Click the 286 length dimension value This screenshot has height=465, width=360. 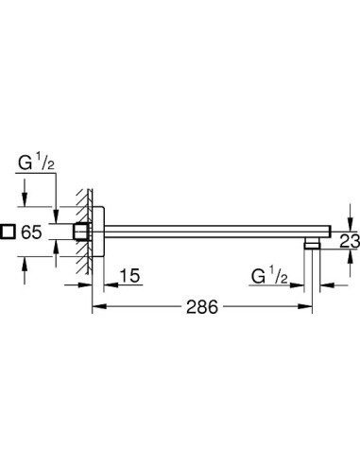tap(202, 306)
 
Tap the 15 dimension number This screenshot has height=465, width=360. tap(129, 276)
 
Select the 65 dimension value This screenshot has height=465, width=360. tap(31, 232)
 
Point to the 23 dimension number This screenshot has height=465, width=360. tap(350, 242)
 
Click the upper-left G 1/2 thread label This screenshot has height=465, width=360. tap(36, 164)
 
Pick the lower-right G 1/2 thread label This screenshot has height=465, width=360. tap(269, 277)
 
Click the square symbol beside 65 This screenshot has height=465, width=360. tap(8, 232)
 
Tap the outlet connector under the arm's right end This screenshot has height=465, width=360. tap(312, 245)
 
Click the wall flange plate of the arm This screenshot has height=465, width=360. tap(98, 232)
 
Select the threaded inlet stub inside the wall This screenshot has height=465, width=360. tap(82, 232)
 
